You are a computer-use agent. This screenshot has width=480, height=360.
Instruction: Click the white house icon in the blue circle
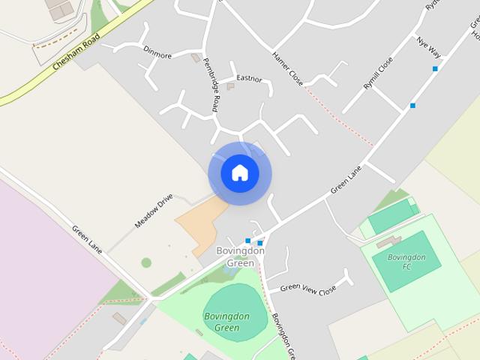pos(239,172)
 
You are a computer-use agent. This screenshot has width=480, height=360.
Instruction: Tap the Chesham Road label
pos(76,56)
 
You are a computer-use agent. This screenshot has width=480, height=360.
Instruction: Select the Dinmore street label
pos(157,55)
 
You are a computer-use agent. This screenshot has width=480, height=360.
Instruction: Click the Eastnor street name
pos(248,77)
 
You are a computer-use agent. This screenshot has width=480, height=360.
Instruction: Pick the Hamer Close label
pos(288,68)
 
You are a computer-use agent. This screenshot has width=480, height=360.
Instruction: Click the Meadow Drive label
pos(154,211)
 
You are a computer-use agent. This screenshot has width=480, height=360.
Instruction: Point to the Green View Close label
pos(307,287)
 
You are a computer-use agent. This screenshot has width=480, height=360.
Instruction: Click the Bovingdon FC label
pos(406,262)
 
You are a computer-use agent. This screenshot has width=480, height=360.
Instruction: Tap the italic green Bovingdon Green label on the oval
pos(222,322)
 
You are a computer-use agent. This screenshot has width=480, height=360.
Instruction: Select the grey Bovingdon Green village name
pos(240,256)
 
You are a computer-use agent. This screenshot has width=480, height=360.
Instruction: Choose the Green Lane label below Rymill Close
pos(346,180)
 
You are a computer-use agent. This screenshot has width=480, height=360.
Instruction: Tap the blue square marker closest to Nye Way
pos(435,69)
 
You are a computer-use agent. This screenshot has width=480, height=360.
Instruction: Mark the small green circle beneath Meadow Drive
pos(146,262)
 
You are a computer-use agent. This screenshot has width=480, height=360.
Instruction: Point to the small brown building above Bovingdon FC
pos(388,242)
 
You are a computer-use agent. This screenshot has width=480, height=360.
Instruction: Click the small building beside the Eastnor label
pos(231,87)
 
